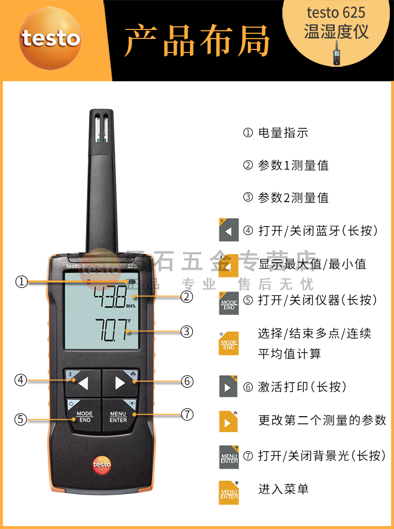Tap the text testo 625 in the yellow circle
336,12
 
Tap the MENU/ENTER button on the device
119,416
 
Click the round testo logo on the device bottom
101,465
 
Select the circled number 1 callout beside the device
21,282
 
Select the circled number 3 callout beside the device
187,331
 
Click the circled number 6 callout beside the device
187,381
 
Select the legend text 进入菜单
283,489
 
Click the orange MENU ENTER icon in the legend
229,493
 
